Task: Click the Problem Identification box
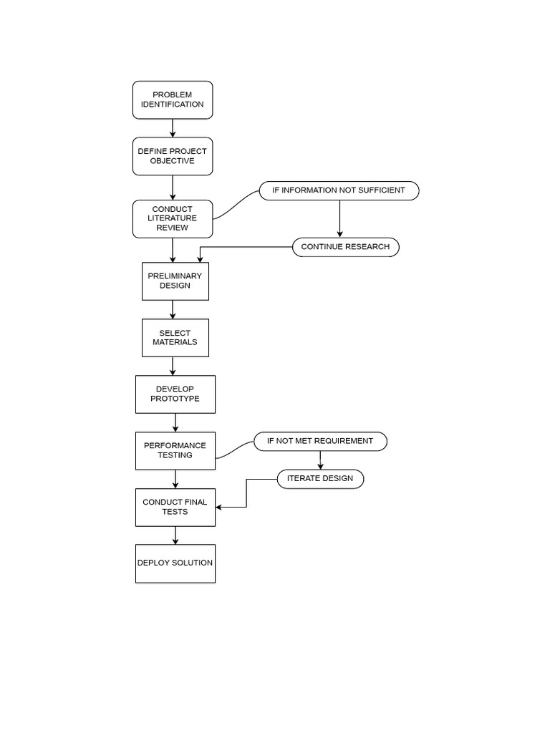173,99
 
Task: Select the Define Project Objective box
173,156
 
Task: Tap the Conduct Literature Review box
173,218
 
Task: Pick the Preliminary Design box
175,281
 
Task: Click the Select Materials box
175,337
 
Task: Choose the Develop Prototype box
175,394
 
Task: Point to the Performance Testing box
175,450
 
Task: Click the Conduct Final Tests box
175,507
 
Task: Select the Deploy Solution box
175,563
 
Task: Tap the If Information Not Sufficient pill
339,190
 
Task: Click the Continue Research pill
345,247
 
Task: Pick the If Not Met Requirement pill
320,441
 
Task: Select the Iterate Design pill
320,478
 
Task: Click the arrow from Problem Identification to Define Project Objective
173,128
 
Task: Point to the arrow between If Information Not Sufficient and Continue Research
339,218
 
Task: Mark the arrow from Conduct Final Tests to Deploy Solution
175,535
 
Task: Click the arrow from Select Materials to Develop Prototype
173,366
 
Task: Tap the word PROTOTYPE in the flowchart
175,399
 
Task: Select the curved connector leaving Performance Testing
234,450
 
